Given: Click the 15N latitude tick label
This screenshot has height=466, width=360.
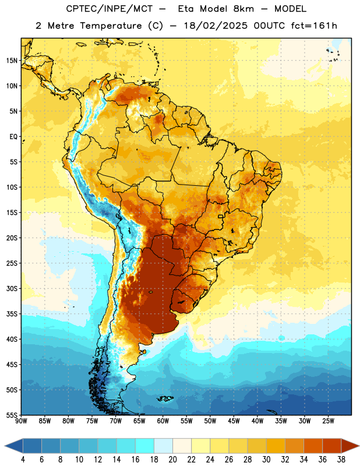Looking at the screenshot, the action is point(12,61).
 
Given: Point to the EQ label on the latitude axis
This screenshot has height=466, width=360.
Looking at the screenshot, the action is point(13,137).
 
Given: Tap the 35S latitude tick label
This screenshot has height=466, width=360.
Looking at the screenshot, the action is point(12,314).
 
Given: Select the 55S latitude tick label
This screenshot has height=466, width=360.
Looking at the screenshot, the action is point(12,415).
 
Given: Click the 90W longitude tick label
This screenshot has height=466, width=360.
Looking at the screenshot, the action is point(21,421).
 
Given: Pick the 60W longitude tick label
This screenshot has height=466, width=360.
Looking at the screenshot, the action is point(163,421).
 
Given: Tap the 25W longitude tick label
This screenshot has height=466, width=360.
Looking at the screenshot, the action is point(328,421).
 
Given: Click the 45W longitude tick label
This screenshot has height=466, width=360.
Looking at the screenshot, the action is point(234,421).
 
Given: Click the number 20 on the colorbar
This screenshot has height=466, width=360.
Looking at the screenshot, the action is point(172,460).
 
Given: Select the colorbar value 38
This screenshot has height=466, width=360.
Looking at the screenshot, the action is point(341,460).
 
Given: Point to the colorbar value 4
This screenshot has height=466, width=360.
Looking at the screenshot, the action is point(23,460).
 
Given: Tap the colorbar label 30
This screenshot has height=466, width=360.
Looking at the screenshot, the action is point(266,460).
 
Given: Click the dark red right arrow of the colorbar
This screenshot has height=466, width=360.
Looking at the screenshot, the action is point(350,446).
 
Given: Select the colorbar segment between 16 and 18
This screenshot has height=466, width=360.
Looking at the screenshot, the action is point(145,446).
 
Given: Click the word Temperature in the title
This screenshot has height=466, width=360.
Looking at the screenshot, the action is point(111,26).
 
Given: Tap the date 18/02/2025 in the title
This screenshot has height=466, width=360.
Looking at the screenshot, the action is point(216,26).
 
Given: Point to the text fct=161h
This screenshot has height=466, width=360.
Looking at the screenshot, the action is point(314,26).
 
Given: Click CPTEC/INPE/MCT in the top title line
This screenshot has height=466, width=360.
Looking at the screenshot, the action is point(110,9).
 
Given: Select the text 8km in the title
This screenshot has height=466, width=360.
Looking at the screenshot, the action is point(243,9).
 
